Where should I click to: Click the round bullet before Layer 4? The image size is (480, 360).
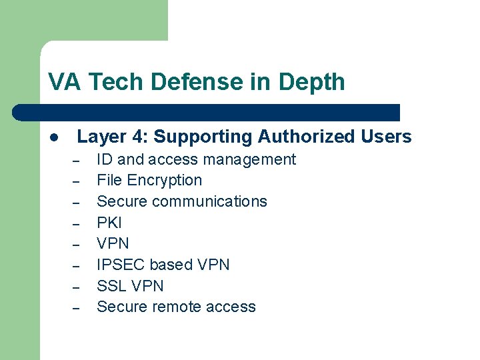(x=53, y=138)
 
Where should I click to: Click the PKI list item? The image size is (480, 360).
(x=109, y=223)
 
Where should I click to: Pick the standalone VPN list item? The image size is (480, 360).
(x=113, y=243)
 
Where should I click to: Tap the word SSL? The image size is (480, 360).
(x=111, y=286)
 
